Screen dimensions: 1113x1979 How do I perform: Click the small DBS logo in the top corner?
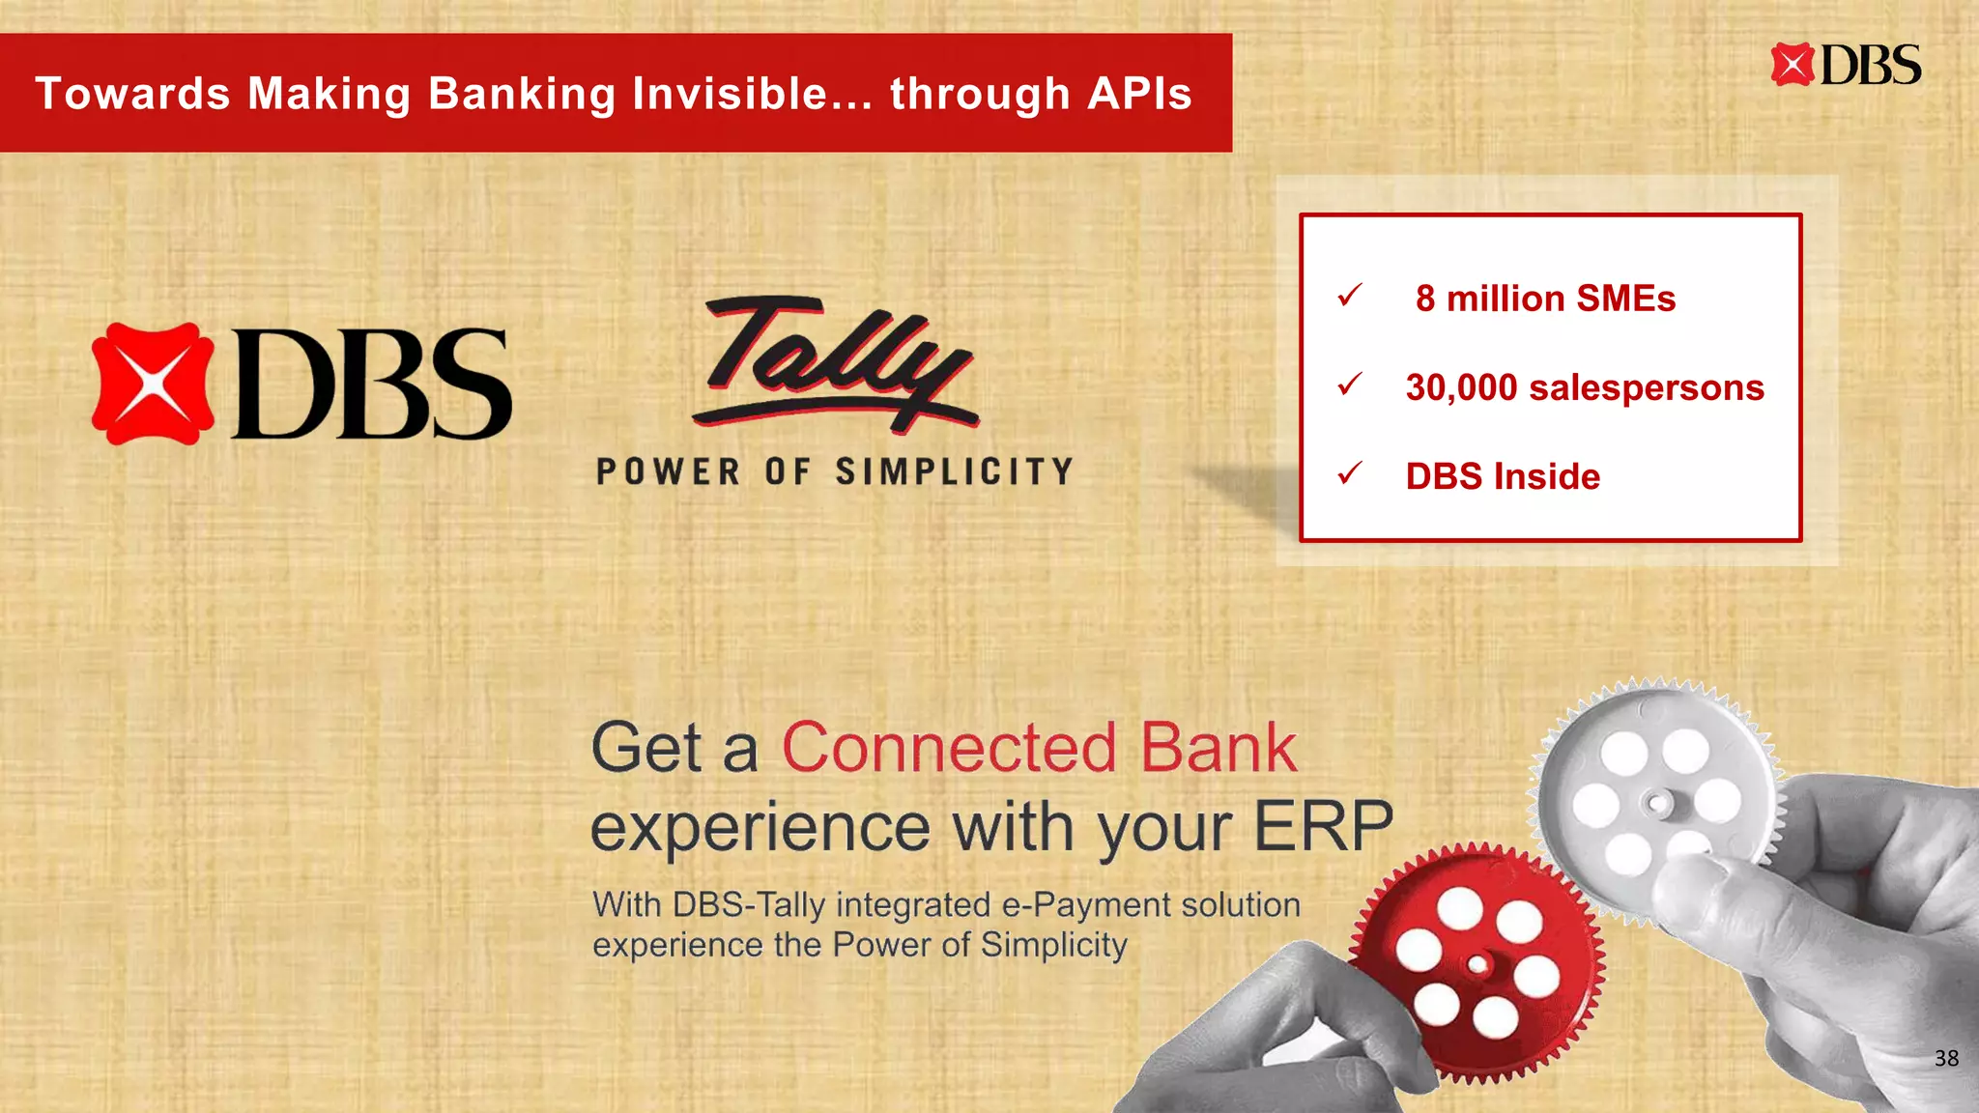(x=1846, y=65)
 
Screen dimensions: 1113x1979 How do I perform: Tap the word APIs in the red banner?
(x=1139, y=94)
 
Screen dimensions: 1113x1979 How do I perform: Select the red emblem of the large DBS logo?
(x=153, y=384)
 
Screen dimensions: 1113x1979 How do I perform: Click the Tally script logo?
(x=837, y=363)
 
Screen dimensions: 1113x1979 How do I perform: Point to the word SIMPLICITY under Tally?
(x=955, y=471)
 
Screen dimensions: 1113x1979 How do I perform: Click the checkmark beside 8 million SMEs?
(x=1350, y=295)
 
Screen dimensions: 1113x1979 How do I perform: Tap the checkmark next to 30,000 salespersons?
(x=1350, y=385)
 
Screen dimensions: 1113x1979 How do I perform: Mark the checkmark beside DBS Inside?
(x=1350, y=473)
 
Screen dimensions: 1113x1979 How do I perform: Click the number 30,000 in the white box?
(x=1461, y=387)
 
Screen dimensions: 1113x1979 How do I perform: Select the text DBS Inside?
(x=1503, y=476)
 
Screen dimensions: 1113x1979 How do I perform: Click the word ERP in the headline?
(x=1323, y=827)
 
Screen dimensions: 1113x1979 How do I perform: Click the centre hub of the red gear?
(x=1477, y=964)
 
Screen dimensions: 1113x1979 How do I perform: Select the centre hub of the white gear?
(x=1658, y=802)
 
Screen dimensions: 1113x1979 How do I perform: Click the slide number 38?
(x=1946, y=1058)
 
